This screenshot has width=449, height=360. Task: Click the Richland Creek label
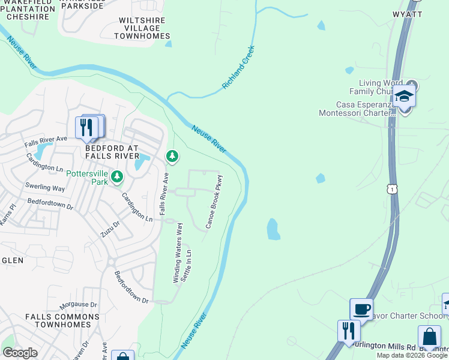239,67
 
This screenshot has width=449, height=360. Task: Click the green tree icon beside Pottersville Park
117,176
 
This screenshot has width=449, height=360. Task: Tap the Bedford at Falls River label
112,152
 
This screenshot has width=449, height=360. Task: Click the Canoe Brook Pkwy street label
214,202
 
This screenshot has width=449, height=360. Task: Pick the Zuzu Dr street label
110,228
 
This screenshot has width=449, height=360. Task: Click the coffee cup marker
361,309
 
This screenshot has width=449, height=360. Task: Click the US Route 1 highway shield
391,189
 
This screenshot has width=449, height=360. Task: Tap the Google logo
20,353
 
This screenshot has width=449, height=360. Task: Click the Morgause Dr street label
78,305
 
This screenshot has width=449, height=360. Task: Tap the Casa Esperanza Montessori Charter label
355,108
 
